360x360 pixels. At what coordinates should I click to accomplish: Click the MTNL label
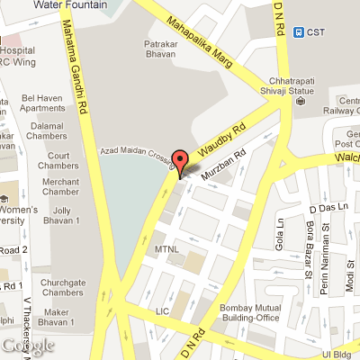click(x=168, y=247)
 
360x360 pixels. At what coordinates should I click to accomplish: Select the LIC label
click(x=162, y=310)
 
